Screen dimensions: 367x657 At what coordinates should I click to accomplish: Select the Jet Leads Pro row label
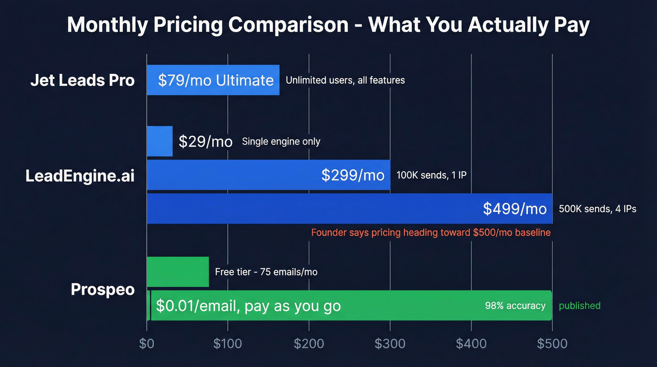(x=83, y=80)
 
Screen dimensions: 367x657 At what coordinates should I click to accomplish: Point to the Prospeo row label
(x=103, y=289)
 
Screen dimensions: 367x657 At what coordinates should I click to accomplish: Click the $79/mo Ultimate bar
(x=213, y=80)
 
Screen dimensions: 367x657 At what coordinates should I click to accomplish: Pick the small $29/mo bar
(x=160, y=141)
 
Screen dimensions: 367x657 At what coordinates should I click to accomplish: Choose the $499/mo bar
(x=349, y=209)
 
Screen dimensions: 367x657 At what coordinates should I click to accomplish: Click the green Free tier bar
(x=178, y=272)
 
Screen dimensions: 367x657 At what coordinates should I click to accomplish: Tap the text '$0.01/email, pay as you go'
(x=248, y=306)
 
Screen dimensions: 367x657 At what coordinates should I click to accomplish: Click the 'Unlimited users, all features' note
(x=345, y=80)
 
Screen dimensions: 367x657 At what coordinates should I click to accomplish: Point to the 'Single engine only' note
(x=281, y=141)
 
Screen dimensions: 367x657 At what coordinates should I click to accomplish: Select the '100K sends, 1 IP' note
(x=431, y=175)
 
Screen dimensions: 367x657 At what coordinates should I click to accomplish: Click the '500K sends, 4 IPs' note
(x=597, y=209)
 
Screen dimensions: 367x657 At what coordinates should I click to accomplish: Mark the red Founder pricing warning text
(x=430, y=233)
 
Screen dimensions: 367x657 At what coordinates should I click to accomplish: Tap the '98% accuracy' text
(x=515, y=306)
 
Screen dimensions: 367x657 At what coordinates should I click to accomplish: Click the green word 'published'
(x=580, y=306)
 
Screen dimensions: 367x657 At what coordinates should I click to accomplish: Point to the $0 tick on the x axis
(x=147, y=344)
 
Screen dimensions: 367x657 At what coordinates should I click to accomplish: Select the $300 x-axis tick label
(x=390, y=344)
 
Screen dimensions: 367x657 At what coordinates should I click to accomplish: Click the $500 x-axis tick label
(x=552, y=344)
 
